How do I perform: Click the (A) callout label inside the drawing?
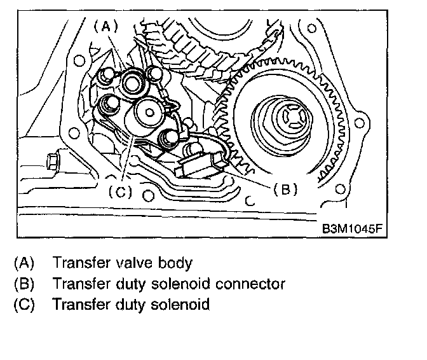click(x=105, y=26)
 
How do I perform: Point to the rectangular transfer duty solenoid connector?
click(x=200, y=167)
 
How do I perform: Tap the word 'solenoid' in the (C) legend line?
click(x=182, y=304)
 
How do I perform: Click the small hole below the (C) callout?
click(x=147, y=190)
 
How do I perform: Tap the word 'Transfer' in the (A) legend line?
click(x=79, y=262)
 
